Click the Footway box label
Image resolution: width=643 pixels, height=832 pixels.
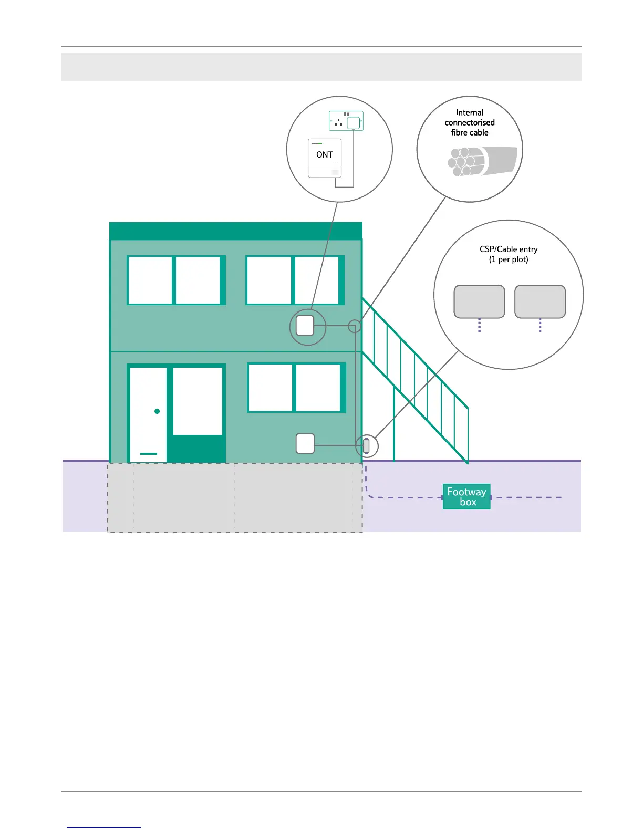[466, 496]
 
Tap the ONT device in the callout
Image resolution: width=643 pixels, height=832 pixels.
[325, 158]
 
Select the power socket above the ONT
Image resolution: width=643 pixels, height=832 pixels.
[346, 121]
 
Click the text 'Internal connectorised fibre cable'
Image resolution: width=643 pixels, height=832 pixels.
[470, 122]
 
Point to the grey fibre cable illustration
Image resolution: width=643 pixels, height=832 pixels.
[482, 161]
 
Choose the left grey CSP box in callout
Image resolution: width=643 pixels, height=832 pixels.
[479, 302]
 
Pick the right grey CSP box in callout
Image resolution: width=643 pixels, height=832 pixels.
[540, 302]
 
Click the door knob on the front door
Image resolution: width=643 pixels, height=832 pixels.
[157, 411]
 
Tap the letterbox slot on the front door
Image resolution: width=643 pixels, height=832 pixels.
[149, 453]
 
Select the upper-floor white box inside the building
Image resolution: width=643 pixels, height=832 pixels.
[305, 326]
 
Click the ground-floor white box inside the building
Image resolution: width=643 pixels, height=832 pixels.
[305, 444]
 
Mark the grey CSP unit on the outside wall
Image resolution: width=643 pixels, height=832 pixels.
[366, 446]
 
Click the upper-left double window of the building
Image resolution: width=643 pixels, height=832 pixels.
[176, 280]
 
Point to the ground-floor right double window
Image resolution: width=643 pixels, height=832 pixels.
[296, 388]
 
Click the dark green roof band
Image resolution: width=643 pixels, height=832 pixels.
[235, 231]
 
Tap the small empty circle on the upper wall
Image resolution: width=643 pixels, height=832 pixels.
[355, 326]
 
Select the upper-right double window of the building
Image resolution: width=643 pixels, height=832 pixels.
[295, 280]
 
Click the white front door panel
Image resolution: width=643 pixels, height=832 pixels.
[148, 399]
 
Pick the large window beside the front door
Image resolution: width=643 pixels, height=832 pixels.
[198, 401]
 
